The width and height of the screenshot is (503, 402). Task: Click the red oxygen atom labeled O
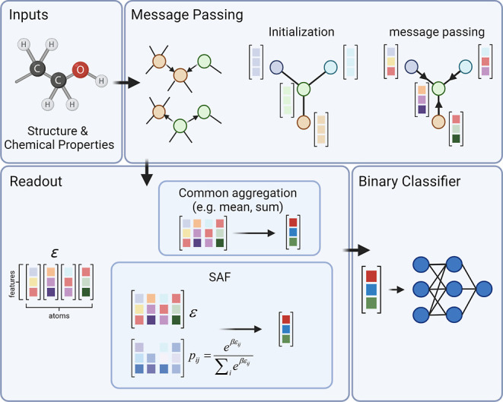80,70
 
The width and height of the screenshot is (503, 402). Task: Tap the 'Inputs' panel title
29,14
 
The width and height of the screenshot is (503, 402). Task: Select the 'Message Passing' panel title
187,14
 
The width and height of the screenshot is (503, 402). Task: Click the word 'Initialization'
301,32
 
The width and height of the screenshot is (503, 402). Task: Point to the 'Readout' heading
36,182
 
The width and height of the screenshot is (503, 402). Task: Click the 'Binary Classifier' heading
409,182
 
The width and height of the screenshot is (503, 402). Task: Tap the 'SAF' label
220,277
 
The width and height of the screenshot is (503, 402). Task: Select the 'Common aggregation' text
237,193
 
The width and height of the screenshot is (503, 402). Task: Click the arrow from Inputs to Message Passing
127,83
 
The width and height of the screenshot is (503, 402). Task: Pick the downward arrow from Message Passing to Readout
147,173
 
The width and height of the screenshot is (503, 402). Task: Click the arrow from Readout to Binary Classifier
357,250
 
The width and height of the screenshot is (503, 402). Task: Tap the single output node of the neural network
484,289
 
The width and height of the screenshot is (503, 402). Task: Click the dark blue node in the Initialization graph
276,68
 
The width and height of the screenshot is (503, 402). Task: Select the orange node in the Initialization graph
304,122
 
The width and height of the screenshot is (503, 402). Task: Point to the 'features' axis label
12,283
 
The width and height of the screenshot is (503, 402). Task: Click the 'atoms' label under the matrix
59,316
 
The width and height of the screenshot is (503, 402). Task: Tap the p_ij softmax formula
221,358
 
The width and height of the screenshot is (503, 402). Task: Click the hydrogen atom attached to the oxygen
101,81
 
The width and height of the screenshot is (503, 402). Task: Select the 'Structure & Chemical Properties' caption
59,138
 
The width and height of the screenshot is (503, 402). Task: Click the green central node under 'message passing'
438,88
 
